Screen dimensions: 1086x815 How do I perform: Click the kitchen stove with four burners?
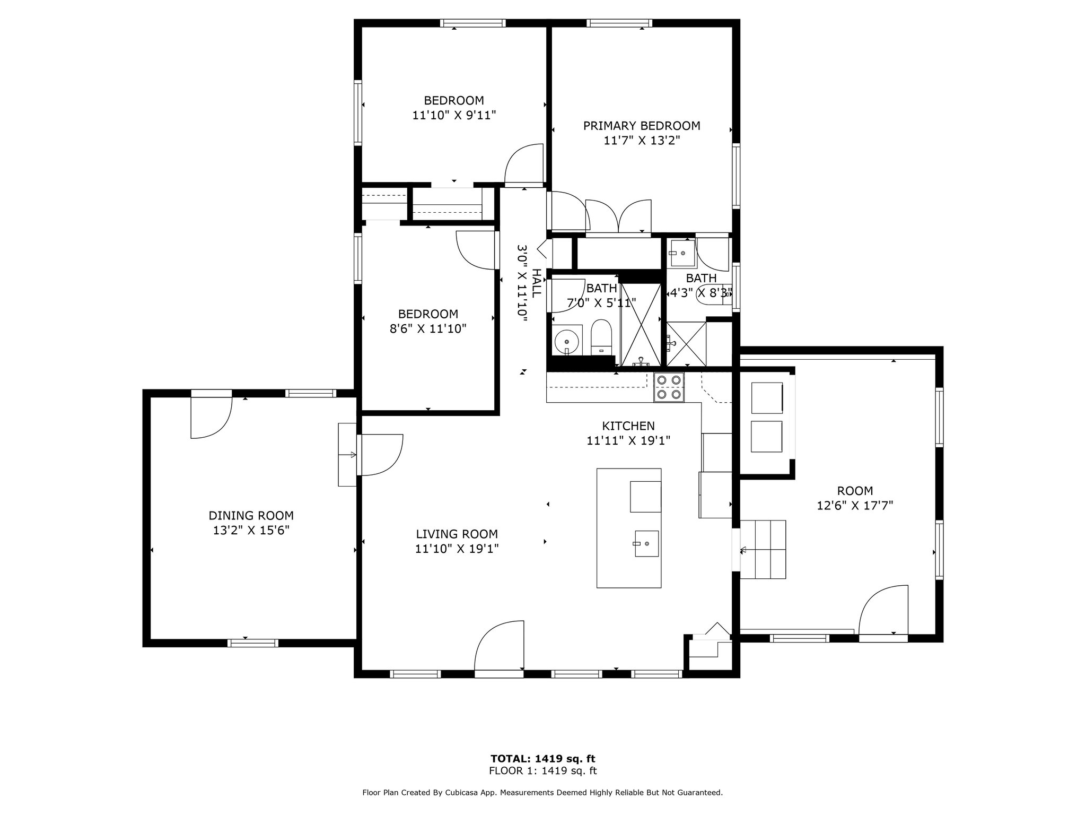coord(669,387)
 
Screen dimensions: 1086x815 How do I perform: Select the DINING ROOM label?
coord(251,515)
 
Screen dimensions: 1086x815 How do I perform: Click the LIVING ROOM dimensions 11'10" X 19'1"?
coord(457,548)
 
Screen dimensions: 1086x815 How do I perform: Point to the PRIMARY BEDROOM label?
coord(642,126)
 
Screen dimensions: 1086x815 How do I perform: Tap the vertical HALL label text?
coord(537,283)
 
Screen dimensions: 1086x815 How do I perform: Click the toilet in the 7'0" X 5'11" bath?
coord(601,337)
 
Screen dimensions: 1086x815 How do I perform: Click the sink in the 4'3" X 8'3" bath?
coord(682,253)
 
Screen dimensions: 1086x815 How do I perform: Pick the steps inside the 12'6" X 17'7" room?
coord(763,549)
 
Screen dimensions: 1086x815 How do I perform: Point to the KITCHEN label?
coord(628,426)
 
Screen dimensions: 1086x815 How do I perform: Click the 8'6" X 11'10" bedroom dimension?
coord(428,328)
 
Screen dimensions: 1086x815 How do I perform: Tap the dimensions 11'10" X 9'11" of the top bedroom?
coord(454,115)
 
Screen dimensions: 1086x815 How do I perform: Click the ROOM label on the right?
coord(855,491)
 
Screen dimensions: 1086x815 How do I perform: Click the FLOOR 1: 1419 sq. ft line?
coord(543,771)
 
